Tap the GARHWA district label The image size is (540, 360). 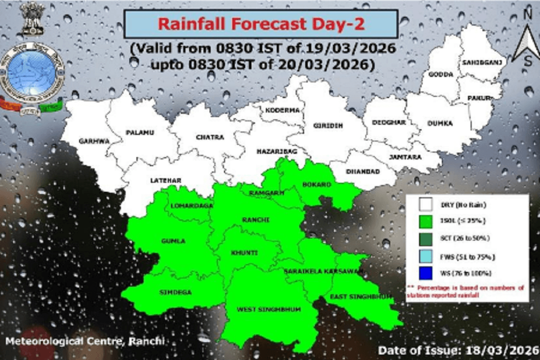point(94,141)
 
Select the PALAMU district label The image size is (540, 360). point(140,133)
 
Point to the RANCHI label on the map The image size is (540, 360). point(256,220)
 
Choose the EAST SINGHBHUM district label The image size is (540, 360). point(360,297)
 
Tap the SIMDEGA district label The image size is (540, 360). point(175,292)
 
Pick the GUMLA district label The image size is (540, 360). point(173,241)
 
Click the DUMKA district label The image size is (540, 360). point(440,123)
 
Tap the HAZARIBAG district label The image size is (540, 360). point(276,152)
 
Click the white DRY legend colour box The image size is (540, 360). point(425,205)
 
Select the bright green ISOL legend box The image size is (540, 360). point(425,221)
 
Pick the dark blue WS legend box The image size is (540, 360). point(425,273)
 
